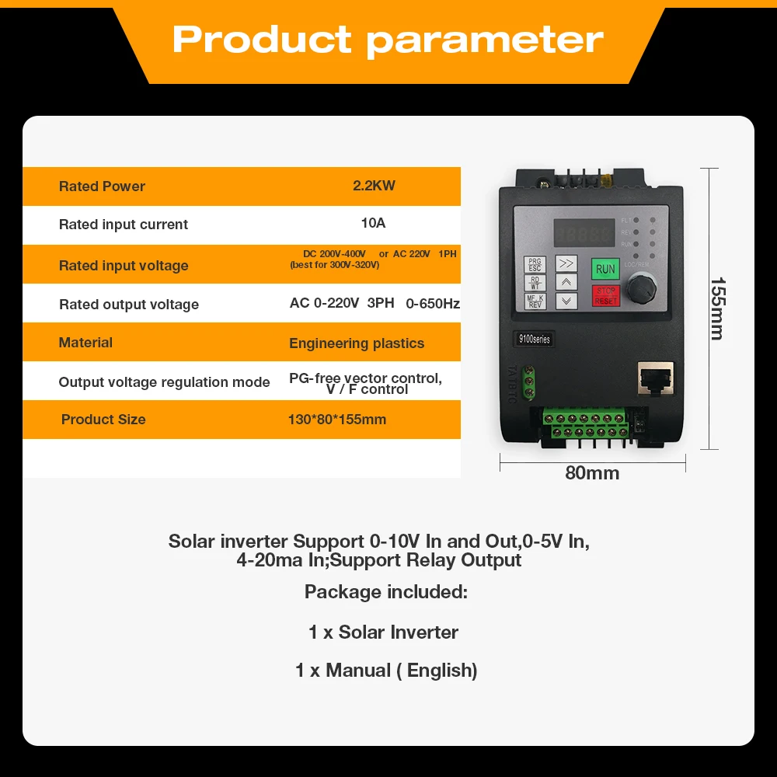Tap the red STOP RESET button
(x=606, y=295)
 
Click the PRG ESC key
(x=535, y=265)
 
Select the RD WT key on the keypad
(x=535, y=283)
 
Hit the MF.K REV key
(x=535, y=301)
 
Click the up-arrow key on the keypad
(x=566, y=283)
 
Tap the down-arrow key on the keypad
(x=566, y=301)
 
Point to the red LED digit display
(x=583, y=233)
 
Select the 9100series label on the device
(x=535, y=339)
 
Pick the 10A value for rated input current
(x=373, y=224)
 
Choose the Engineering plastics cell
(x=357, y=343)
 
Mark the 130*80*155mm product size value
(x=336, y=420)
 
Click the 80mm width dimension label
(x=592, y=473)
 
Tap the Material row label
(x=85, y=343)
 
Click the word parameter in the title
(x=485, y=40)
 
